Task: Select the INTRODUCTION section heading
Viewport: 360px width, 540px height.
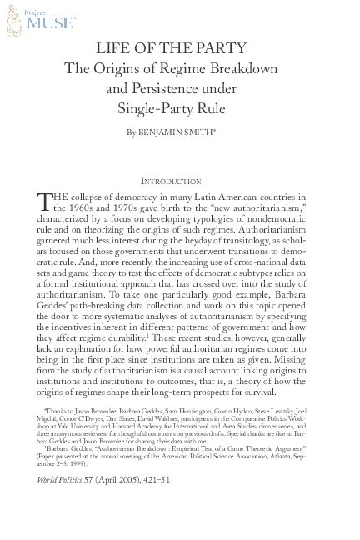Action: click(171, 181)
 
